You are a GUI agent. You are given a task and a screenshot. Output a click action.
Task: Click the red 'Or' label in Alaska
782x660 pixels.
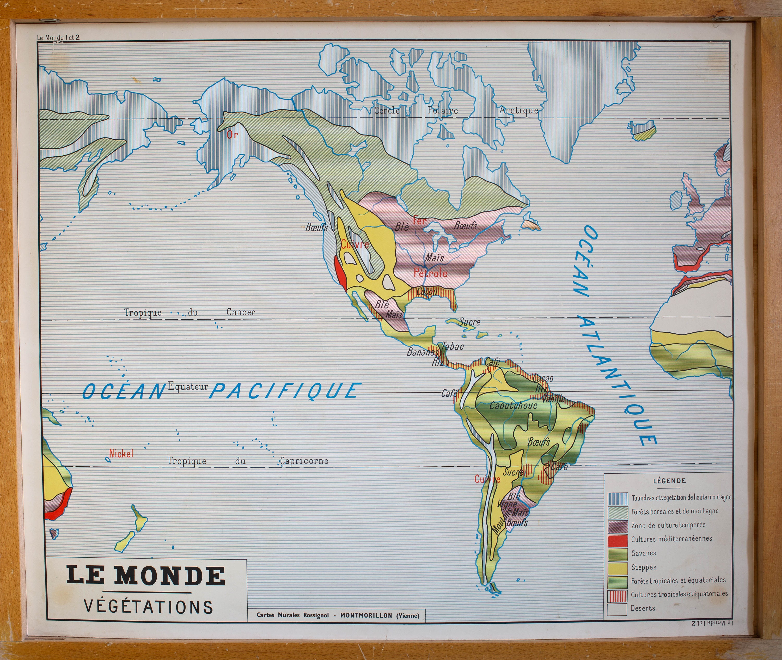click(x=232, y=134)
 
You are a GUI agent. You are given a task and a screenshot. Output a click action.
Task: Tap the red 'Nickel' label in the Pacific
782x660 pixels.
click(x=121, y=454)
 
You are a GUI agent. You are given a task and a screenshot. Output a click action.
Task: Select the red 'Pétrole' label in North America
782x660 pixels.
click(x=430, y=273)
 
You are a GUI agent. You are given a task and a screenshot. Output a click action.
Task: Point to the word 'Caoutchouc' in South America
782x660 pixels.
click(x=513, y=405)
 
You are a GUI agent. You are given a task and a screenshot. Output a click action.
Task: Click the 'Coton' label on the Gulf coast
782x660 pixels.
click(x=426, y=291)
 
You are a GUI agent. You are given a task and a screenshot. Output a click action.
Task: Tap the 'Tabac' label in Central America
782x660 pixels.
click(x=453, y=346)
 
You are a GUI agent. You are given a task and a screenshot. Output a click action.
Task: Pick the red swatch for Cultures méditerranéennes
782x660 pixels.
click(x=618, y=539)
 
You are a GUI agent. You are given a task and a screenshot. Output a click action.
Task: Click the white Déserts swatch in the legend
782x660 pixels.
click(x=618, y=608)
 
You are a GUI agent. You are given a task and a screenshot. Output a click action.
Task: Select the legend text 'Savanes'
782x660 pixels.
click(x=644, y=553)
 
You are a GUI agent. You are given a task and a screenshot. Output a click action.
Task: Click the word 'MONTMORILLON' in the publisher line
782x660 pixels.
click(x=366, y=615)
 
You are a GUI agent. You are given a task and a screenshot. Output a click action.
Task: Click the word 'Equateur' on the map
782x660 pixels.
click(x=188, y=387)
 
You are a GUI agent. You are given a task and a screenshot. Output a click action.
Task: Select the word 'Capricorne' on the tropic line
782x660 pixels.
click(x=304, y=461)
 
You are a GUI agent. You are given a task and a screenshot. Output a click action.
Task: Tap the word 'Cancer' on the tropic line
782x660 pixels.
click(x=241, y=312)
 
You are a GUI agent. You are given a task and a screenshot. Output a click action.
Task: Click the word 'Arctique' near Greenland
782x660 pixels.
click(x=518, y=110)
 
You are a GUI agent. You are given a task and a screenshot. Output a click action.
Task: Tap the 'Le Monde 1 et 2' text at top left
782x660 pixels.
click(x=58, y=38)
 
